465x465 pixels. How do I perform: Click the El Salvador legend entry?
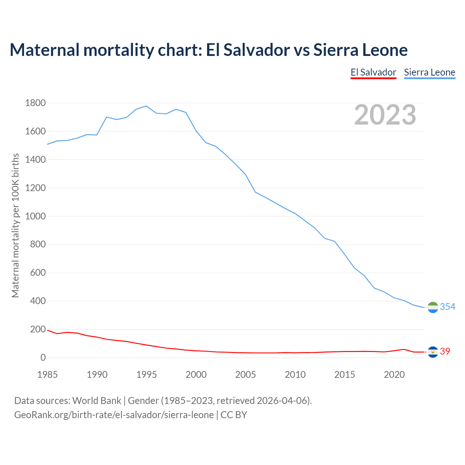point(373,72)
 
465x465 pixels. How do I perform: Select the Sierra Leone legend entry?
point(429,72)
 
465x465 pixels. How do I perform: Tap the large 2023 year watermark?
point(385,115)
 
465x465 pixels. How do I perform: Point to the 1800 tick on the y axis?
point(36,103)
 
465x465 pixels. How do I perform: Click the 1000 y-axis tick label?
point(36,216)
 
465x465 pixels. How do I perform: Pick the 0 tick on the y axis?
point(43,358)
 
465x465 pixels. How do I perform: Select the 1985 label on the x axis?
point(48,375)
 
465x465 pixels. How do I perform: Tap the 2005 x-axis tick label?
point(246,375)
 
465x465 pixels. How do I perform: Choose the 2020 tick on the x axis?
point(394,375)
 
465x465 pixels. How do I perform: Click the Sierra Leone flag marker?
point(433,307)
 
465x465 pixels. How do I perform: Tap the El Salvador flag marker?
point(433,352)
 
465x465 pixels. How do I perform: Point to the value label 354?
point(448,307)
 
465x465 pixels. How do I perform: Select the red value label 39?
point(445,351)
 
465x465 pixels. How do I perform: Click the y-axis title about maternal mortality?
point(15,225)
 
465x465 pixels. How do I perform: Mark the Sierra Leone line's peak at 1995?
point(146,106)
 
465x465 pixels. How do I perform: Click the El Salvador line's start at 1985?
point(48,330)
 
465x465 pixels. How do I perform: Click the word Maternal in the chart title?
point(45,50)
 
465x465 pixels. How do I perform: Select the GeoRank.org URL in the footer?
point(114,415)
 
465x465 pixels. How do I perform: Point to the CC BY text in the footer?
point(234,415)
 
